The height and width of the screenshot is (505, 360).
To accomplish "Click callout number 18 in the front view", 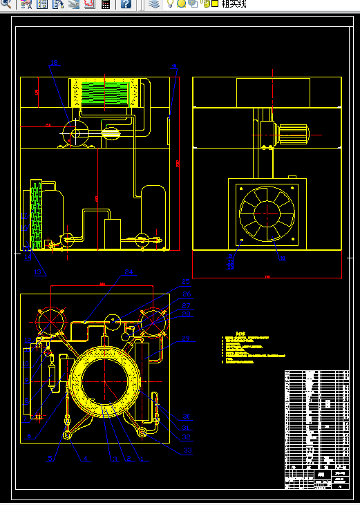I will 54,64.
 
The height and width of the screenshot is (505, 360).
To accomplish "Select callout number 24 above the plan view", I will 129,272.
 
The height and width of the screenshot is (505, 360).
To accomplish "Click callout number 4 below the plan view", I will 85,458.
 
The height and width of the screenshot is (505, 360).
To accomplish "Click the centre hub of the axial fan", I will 266,214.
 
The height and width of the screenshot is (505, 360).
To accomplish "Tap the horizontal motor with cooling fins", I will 293,133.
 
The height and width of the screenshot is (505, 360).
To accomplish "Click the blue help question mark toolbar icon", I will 126,4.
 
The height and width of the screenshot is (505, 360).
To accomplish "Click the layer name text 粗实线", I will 234,4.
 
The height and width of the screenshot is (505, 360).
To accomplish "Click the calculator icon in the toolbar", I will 106,4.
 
